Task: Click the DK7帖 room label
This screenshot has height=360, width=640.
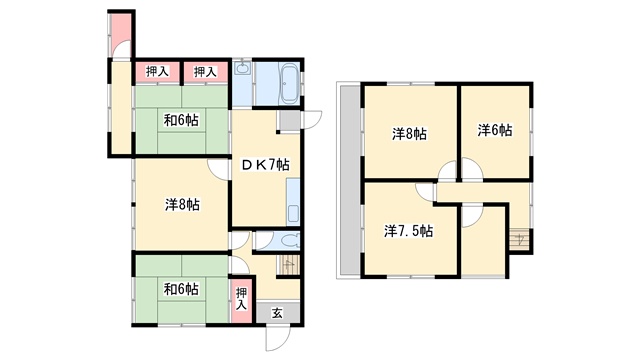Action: coord(265,165)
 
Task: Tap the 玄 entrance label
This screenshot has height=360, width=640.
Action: coord(277,313)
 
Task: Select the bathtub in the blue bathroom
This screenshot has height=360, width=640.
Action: coord(289,84)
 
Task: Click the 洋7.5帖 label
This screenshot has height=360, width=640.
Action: coord(409,231)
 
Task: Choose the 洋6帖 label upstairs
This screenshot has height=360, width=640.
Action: coord(495,130)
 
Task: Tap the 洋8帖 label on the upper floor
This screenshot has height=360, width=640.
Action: coord(409,133)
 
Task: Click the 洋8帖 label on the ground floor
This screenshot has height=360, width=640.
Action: coord(182,204)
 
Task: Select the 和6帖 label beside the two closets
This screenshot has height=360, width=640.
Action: coord(181,120)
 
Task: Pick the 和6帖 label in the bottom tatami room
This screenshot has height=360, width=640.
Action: coord(181,289)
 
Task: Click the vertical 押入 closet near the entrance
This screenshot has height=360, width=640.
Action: coord(241,299)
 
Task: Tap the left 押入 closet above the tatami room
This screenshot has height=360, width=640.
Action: coord(157,72)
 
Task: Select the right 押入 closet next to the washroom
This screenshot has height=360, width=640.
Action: coord(205,72)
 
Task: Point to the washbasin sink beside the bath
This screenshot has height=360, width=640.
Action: coord(243,68)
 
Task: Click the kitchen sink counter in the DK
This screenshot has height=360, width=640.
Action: coord(293,202)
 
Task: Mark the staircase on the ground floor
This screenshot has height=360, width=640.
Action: coord(289,266)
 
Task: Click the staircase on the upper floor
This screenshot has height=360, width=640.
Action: coord(520,239)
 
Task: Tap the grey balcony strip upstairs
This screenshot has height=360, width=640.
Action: coord(350,180)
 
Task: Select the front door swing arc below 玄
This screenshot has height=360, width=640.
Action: coord(278,338)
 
